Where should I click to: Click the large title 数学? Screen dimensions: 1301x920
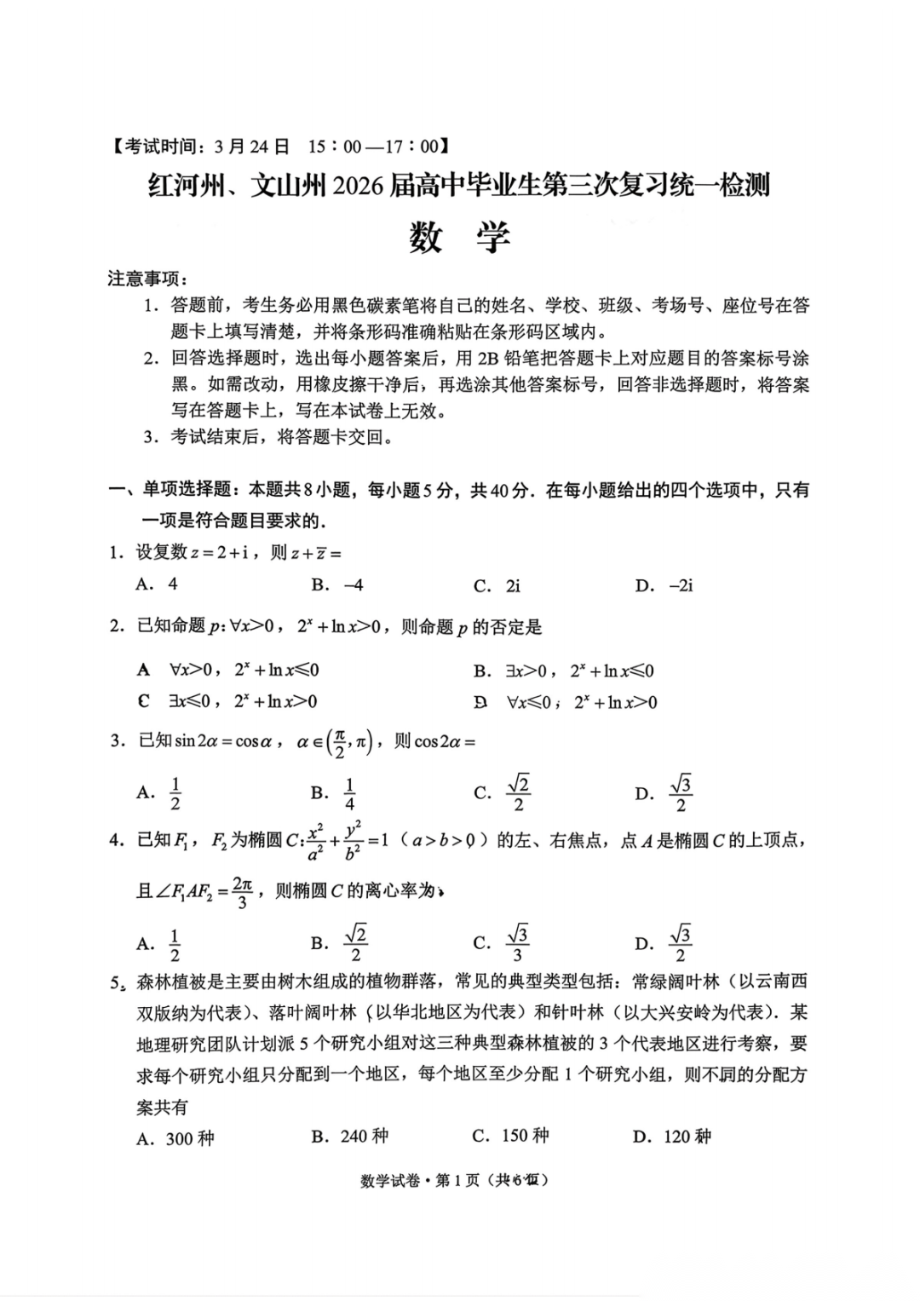coord(459,237)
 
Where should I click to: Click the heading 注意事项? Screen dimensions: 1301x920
coord(147,279)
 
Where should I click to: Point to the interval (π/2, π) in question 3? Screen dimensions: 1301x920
coord(350,742)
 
